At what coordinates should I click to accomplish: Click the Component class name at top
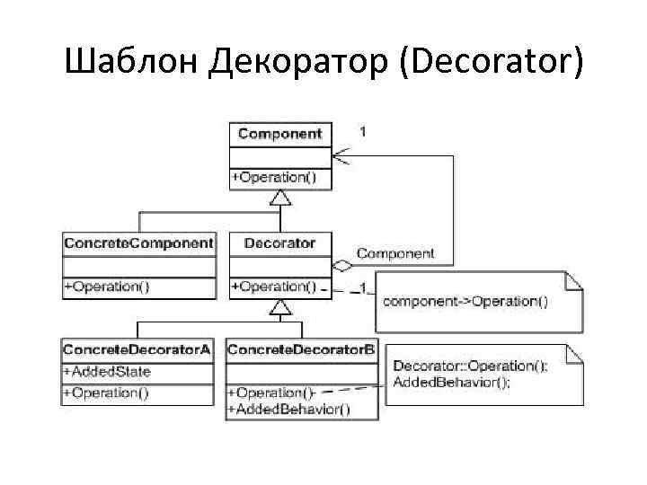coord(279,134)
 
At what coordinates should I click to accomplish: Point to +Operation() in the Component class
coord(274,177)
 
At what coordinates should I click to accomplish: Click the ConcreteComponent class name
coord(138,242)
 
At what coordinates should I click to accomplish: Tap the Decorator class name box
coord(280,242)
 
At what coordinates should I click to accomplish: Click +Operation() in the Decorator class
coord(274,287)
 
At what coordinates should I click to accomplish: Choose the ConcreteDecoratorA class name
coord(137,349)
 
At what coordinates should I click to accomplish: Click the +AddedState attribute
coord(106,371)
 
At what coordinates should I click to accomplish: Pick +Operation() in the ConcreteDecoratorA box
coord(106,392)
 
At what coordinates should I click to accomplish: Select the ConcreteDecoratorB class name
coord(301,349)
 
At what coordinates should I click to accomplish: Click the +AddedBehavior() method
coord(289,410)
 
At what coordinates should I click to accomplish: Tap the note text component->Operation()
coord(465,301)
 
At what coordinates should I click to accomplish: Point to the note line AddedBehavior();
coord(451,382)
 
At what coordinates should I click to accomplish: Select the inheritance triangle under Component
coord(280,197)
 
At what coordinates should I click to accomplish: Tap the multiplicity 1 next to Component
coord(362,131)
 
